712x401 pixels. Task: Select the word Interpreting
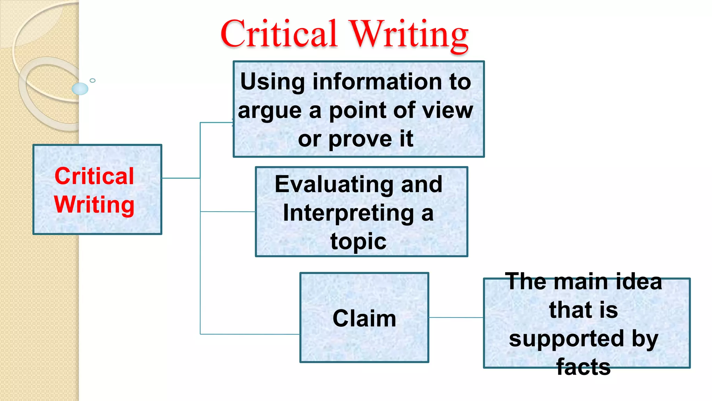click(x=349, y=213)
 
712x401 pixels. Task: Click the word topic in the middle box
click(x=358, y=241)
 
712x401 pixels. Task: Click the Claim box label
click(x=364, y=318)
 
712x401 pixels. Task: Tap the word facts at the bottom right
click(x=583, y=367)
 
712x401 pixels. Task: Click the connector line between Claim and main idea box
click(x=456, y=317)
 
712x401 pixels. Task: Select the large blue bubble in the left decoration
click(x=80, y=89)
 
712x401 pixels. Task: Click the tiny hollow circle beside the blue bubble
click(x=92, y=80)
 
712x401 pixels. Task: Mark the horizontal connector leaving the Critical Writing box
click(x=181, y=178)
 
